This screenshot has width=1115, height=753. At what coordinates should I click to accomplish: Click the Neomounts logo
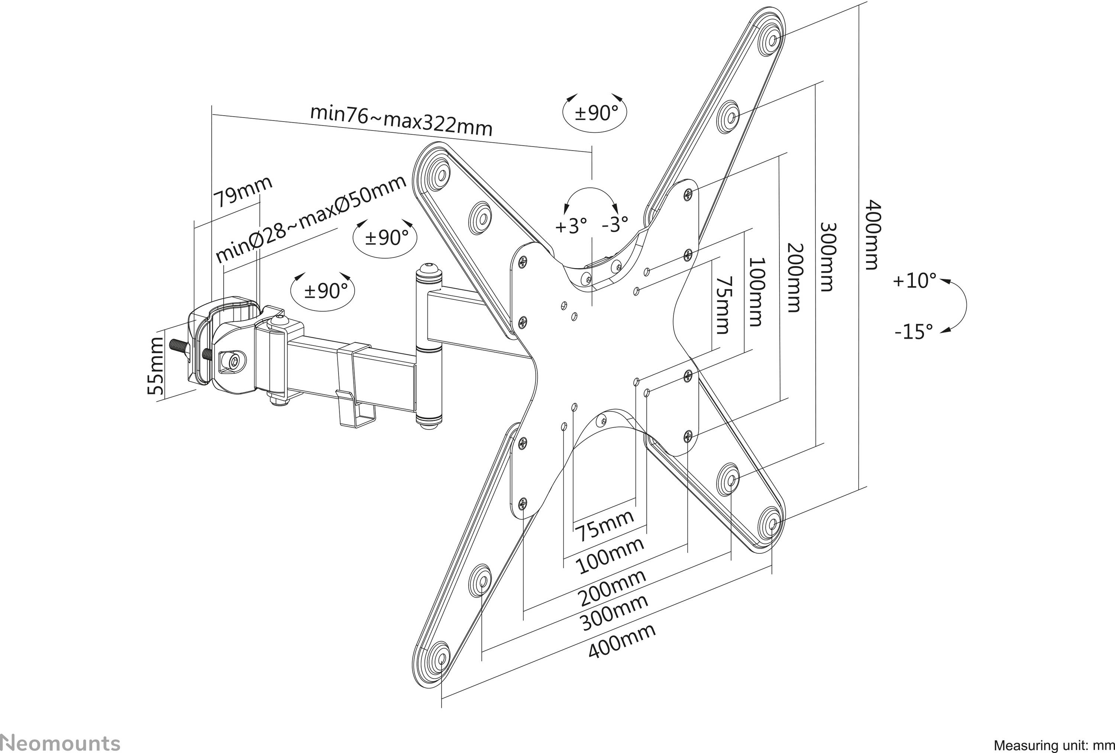pos(60,743)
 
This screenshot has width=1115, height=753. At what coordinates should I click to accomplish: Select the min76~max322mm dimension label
pos(401,120)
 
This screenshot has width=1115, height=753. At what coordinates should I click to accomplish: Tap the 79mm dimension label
pos(243,191)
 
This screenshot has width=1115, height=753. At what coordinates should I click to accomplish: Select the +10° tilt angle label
pos(914,281)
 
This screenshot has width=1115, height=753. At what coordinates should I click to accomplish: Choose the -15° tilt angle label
pos(914,332)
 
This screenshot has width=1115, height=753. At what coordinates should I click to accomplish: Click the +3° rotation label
pos(571,226)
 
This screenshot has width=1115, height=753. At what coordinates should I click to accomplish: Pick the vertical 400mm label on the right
pos(873,235)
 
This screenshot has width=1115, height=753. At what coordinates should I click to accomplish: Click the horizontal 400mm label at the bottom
pos(621,642)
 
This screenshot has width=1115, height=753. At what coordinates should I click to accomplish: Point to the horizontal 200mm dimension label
pos(611,588)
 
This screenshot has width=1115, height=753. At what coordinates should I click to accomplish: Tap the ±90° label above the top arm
pos(595,113)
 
